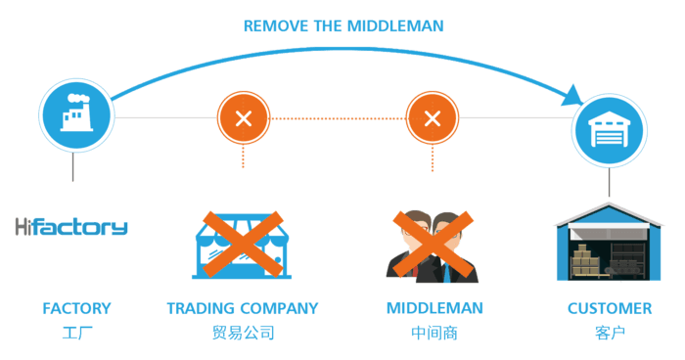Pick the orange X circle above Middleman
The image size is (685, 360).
(x=433, y=118)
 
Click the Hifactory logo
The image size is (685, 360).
(x=71, y=228)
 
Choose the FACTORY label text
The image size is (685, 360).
(x=76, y=309)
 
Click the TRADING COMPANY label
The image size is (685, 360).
(x=243, y=309)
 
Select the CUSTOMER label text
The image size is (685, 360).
(x=610, y=309)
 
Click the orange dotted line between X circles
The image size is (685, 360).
(x=339, y=118)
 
